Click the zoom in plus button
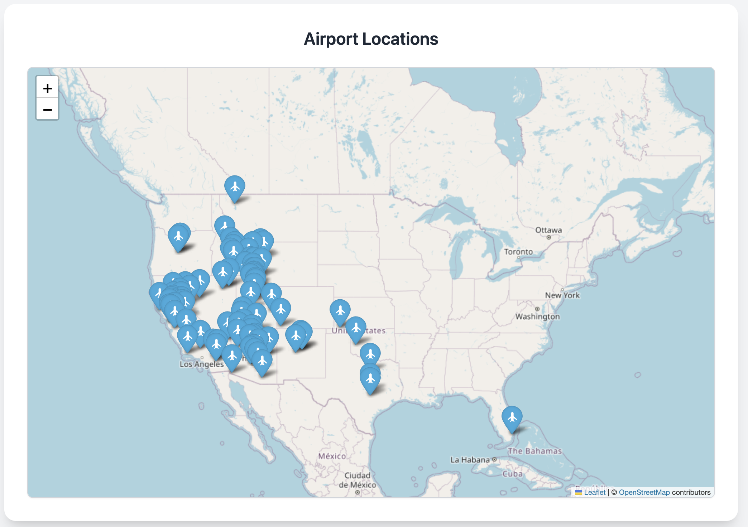tap(47, 88)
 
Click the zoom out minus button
tap(47, 110)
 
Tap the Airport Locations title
tap(371, 39)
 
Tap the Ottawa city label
tap(548, 230)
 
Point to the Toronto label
tap(518, 252)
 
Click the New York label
tap(562, 295)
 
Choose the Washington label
tap(537, 316)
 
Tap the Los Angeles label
tap(202, 364)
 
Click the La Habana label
tap(470, 460)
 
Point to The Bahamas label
tap(534, 451)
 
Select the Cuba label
tap(512, 474)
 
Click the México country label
tap(332, 456)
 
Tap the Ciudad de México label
tap(357, 480)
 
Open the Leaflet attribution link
tap(594, 492)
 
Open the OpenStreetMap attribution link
tap(644, 492)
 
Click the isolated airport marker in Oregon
tap(178, 237)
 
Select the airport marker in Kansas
tap(340, 310)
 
